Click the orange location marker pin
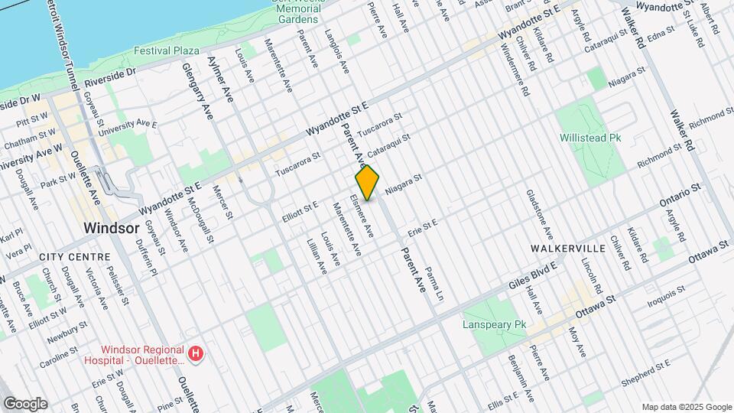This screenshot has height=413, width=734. click(x=368, y=183)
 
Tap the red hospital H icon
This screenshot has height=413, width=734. click(x=196, y=353)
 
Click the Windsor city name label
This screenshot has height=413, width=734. click(x=112, y=228)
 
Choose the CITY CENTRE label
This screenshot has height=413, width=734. click(x=68, y=258)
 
